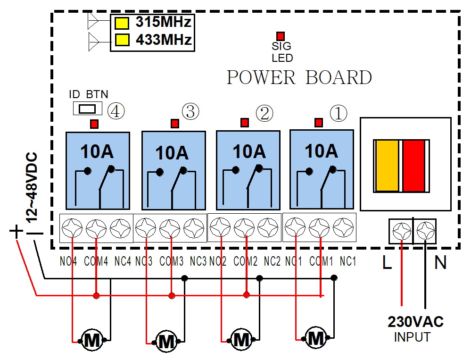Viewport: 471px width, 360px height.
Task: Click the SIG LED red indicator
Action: tap(281, 36)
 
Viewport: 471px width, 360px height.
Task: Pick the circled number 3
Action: tap(190, 112)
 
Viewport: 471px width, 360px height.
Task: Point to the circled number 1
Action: tap(338, 113)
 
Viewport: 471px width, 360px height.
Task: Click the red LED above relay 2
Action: tap(244, 123)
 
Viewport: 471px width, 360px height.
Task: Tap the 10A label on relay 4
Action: tap(97, 151)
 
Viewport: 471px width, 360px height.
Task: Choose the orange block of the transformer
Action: tap(388, 166)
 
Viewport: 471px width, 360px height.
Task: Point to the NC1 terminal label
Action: tap(348, 261)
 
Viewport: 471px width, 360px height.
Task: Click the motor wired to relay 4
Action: tap(91, 339)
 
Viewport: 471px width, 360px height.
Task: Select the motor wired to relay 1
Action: tap(314, 338)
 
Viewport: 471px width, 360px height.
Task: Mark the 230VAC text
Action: tap(415, 322)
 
